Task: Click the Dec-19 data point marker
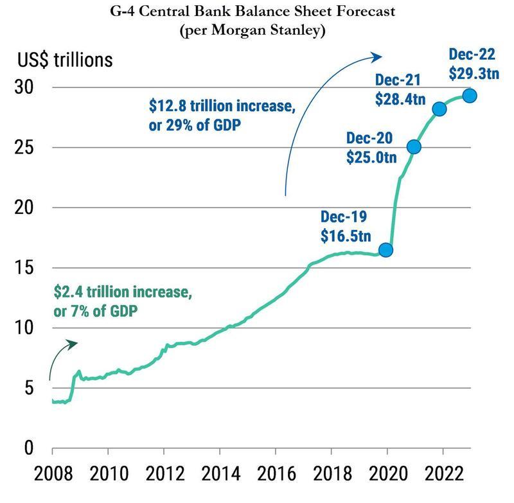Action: click(x=385, y=250)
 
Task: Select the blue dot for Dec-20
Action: click(x=414, y=147)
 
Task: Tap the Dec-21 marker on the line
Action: click(x=439, y=109)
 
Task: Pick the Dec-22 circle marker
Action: click(x=470, y=96)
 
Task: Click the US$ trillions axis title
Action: click(x=65, y=60)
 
